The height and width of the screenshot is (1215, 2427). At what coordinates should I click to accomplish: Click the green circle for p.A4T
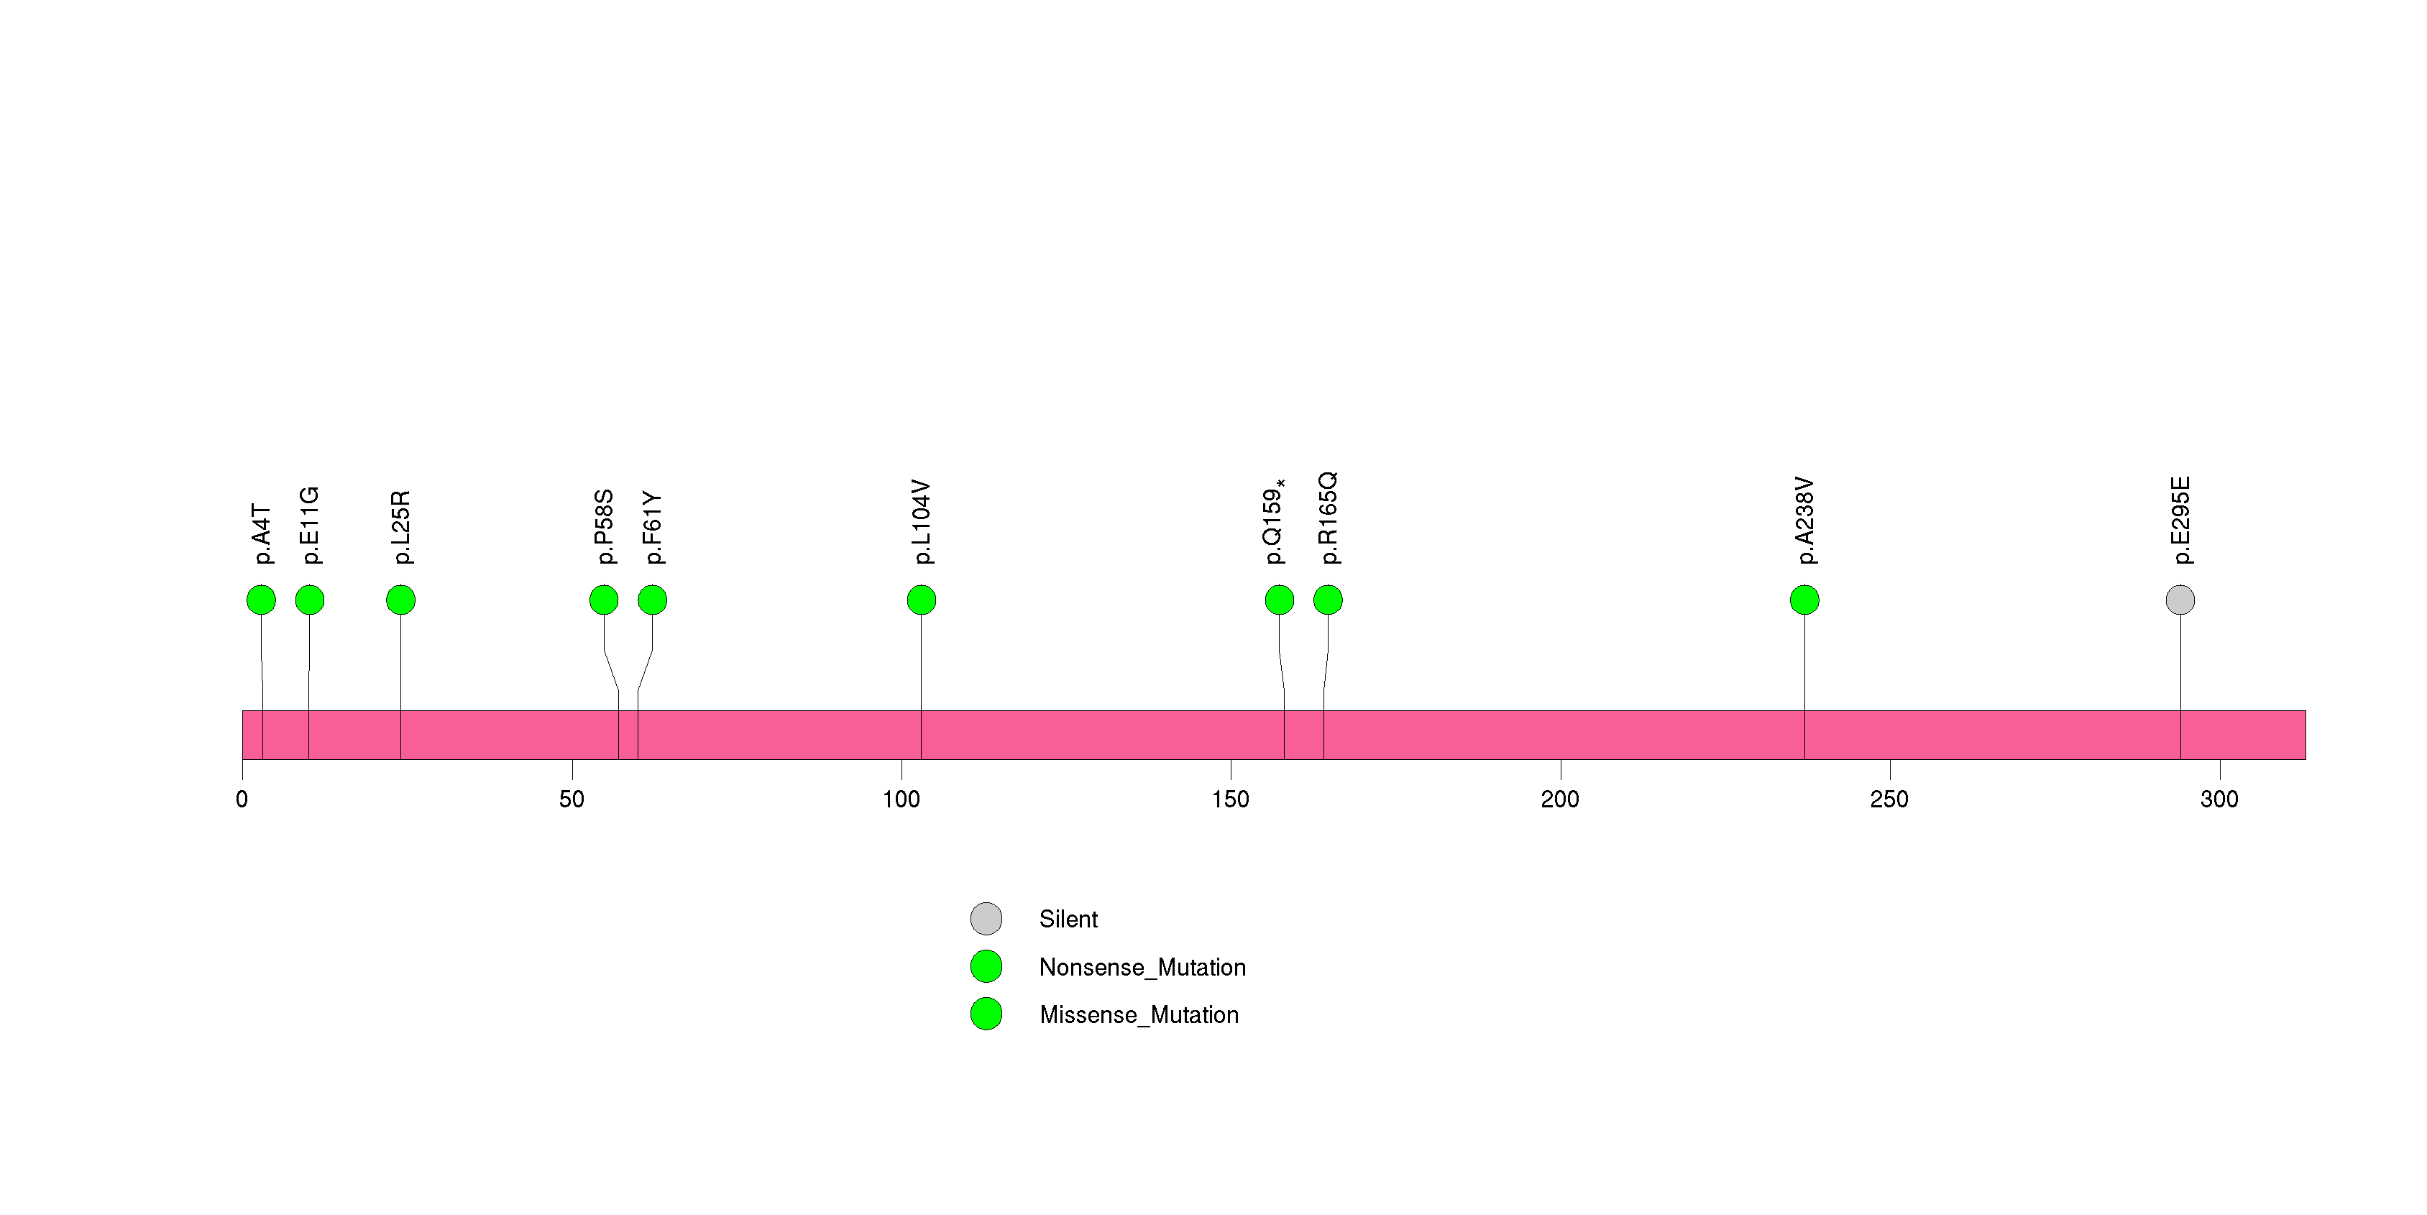261,600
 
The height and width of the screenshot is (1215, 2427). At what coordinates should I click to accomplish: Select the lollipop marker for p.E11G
310,600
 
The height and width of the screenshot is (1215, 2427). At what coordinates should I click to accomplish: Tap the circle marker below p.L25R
400,600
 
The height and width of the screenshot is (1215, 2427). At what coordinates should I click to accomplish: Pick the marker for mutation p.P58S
604,600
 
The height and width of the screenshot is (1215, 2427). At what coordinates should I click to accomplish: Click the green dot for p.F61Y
652,600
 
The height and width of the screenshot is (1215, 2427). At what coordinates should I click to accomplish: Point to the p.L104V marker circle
922,600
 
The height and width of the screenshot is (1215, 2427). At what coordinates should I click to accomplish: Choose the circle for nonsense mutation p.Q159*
1280,600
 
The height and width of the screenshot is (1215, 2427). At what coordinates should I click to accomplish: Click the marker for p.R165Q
1328,600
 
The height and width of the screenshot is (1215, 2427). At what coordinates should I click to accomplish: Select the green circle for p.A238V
1804,600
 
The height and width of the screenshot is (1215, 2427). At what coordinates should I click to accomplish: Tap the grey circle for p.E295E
2180,600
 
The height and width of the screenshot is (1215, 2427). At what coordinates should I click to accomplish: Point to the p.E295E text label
2180,521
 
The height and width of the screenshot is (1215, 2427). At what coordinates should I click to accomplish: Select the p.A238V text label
1804,521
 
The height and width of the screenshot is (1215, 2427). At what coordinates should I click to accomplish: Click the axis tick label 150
1231,799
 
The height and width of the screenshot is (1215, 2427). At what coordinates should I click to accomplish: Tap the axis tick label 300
2219,799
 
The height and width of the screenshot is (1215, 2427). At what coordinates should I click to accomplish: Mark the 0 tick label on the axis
242,799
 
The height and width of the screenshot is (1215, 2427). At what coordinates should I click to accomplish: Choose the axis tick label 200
1560,799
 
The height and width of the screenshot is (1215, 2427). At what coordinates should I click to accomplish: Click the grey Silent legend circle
986,918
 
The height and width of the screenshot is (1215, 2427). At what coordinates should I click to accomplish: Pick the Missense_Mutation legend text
1139,1014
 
